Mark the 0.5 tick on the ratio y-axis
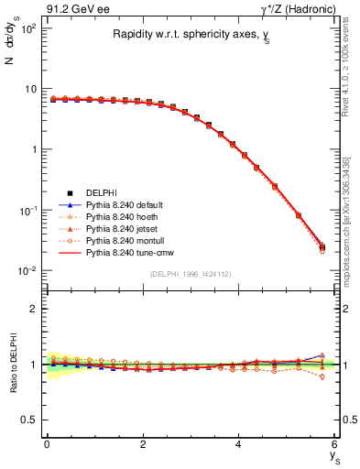coord(32,420)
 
